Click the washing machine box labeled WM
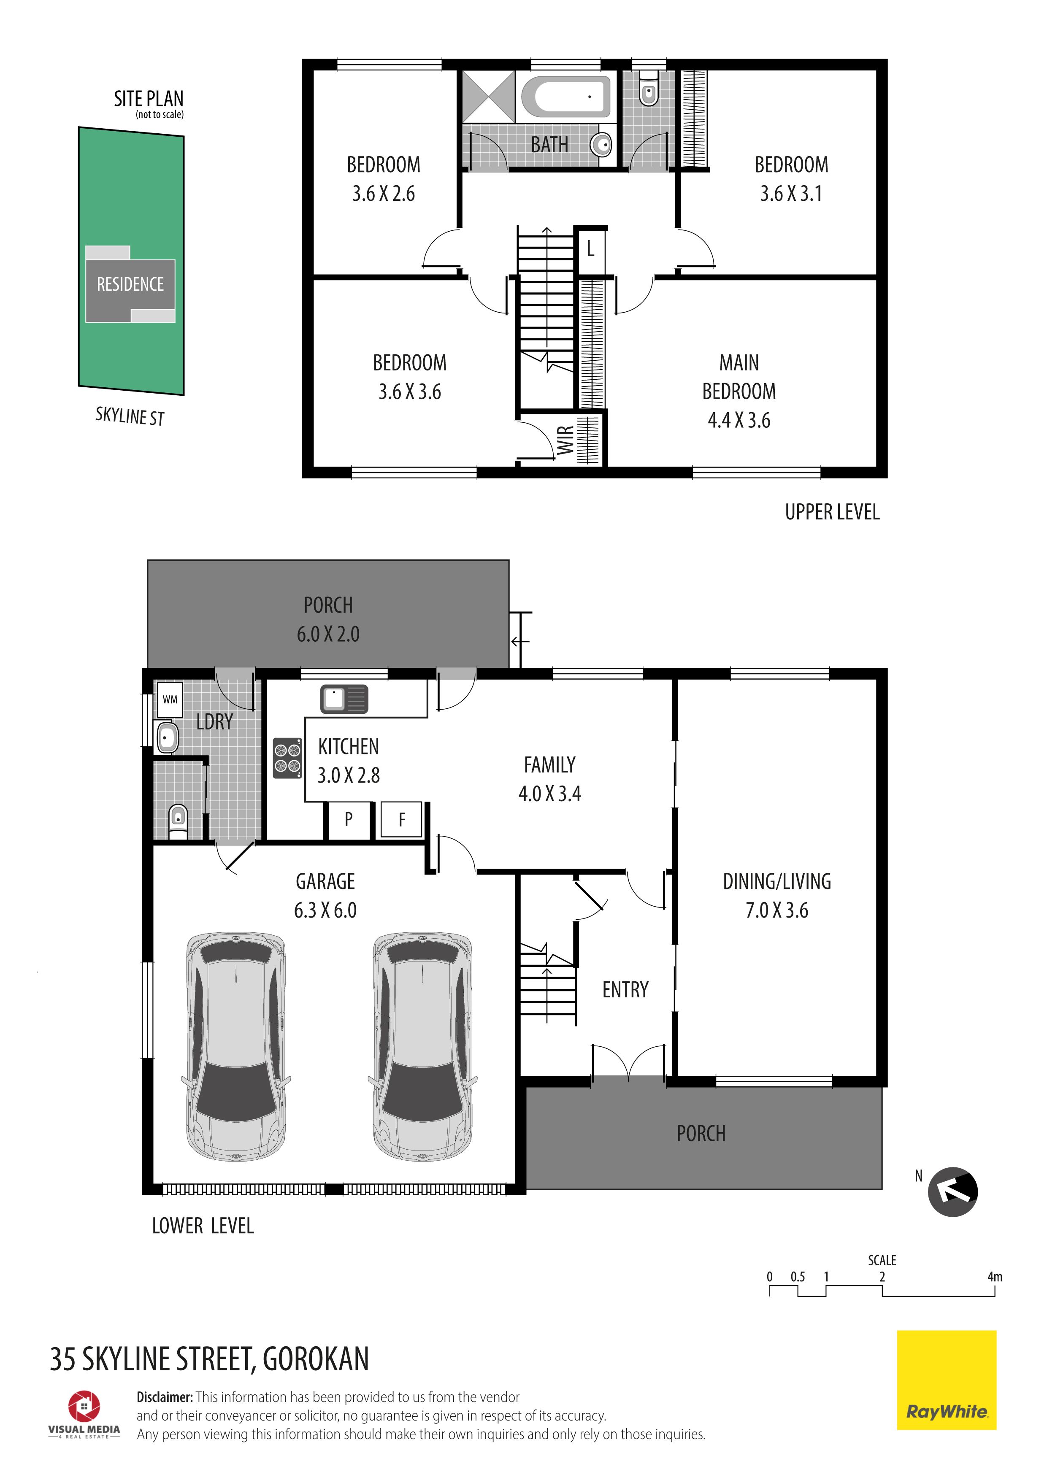(x=170, y=699)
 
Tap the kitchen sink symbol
(x=344, y=699)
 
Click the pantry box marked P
(x=349, y=820)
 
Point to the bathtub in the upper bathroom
(x=565, y=97)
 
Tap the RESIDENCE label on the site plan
(x=130, y=284)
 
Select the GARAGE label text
(x=325, y=881)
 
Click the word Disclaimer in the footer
(x=165, y=1397)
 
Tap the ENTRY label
(x=625, y=989)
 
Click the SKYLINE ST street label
(x=130, y=416)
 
